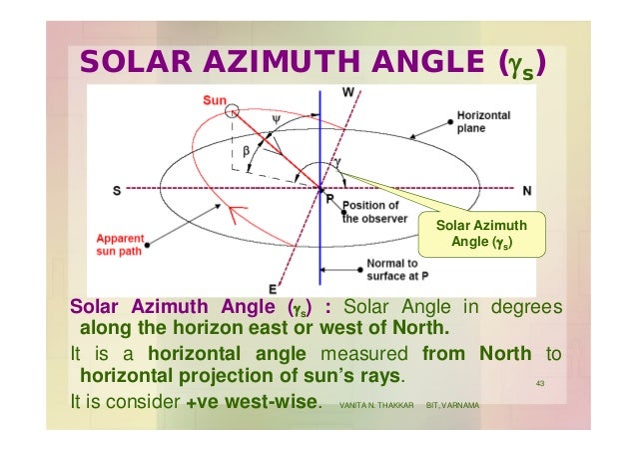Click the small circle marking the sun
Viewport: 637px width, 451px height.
[x=233, y=109]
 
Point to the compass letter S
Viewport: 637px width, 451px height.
[x=117, y=189]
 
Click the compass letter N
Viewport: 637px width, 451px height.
[x=525, y=188]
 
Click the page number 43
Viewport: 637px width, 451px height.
[x=539, y=387]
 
